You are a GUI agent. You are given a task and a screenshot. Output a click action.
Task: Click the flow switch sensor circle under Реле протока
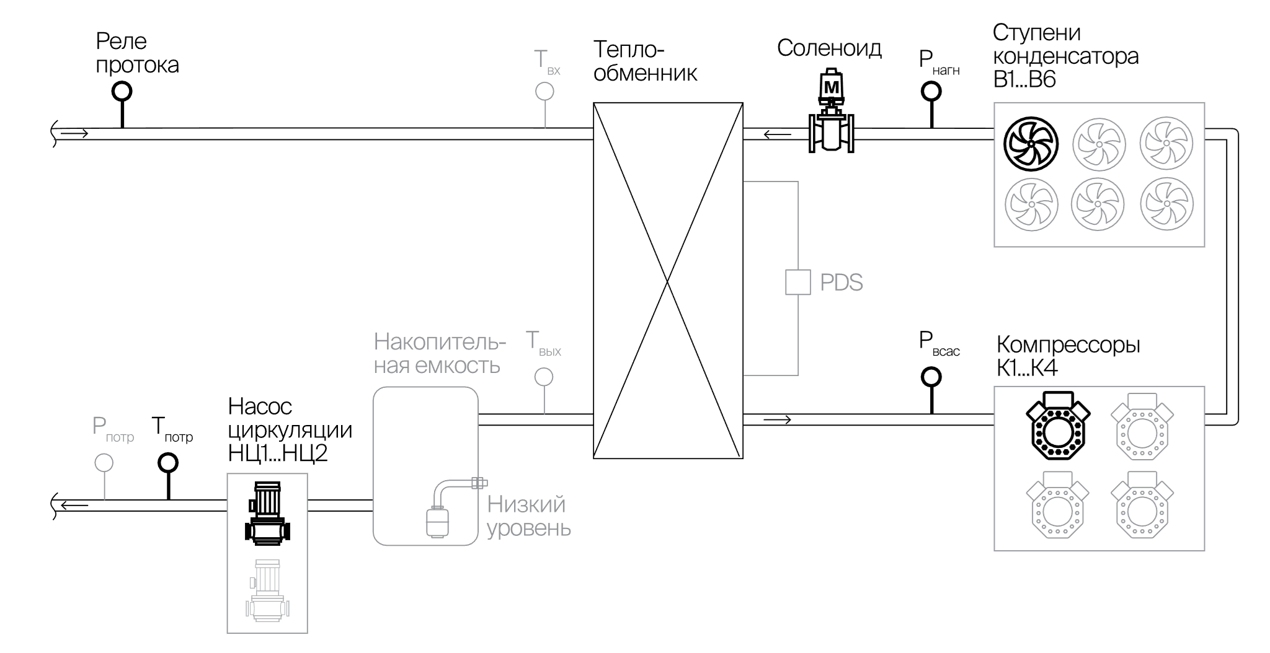[122, 92]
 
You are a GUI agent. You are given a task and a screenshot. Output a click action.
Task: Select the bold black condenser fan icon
[1031, 144]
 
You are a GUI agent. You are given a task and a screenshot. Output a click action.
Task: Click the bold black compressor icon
[1057, 425]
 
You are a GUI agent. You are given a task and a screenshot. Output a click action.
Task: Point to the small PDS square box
[797, 282]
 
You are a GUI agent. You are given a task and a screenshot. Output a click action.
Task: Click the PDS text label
[841, 283]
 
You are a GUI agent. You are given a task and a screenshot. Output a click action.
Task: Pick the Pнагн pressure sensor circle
[931, 92]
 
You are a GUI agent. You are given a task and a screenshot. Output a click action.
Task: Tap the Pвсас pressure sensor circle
[931, 376]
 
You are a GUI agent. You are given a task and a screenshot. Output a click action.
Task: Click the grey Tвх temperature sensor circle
[544, 92]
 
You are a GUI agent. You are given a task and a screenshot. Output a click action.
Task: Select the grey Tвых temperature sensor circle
[544, 377]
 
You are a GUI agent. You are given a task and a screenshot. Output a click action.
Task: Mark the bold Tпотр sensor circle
[167, 462]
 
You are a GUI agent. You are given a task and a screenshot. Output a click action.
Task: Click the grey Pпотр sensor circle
[104, 462]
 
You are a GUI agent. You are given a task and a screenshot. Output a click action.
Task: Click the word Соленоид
[829, 48]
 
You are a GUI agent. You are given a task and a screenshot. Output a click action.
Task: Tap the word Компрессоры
[1068, 344]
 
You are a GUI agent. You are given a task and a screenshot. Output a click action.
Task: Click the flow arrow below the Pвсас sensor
[778, 420]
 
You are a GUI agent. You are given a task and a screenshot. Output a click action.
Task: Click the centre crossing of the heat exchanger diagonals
[668, 281]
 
